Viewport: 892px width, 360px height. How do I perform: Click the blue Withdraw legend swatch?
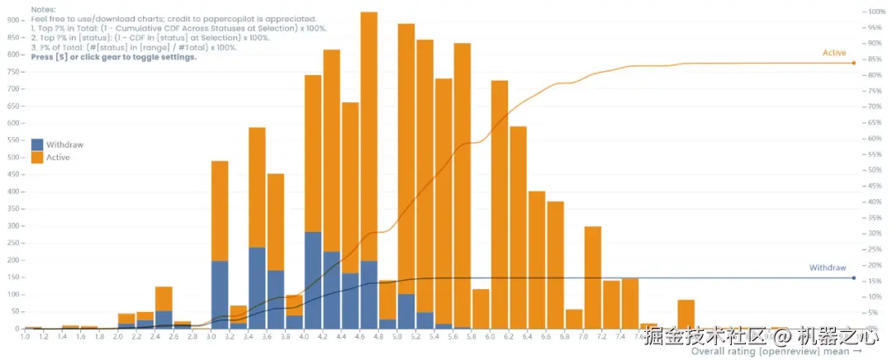(37, 144)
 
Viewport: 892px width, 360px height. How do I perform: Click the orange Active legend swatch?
(37, 157)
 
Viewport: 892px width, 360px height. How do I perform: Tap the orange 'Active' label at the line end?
(834, 53)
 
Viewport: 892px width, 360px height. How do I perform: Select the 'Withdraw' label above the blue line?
(828, 268)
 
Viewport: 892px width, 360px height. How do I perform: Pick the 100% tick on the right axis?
(875, 12)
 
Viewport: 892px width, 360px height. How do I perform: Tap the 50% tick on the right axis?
(873, 170)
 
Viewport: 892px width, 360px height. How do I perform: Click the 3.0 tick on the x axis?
(211, 337)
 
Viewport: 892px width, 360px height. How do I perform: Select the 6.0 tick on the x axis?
(490, 337)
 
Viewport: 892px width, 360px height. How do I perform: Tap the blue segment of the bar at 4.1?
(313, 281)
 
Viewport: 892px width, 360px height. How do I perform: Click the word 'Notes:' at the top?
(43, 8)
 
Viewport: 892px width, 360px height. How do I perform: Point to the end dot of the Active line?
(853, 64)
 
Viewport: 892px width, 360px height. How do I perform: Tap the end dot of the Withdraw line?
(853, 277)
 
